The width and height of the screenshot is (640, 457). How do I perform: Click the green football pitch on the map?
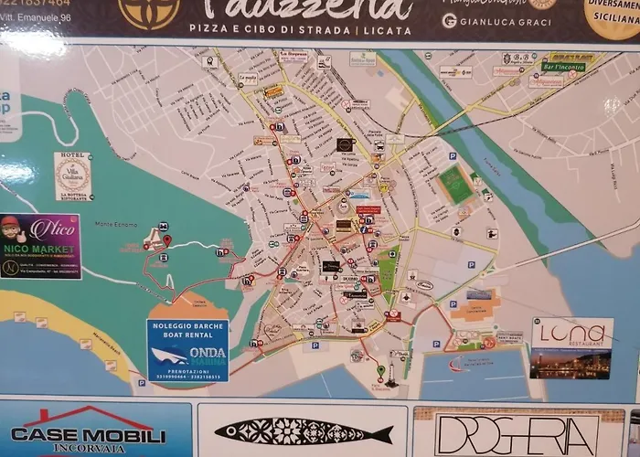454,185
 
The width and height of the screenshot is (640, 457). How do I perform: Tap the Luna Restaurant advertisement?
571,346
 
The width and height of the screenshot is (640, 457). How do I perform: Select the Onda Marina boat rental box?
187,349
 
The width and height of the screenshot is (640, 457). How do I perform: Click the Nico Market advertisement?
40,246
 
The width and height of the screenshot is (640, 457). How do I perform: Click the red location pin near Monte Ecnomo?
166,239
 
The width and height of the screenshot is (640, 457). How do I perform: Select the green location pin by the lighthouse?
381,370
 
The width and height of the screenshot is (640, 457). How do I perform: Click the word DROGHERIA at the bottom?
517,434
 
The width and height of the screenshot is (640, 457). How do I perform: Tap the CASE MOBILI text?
88,436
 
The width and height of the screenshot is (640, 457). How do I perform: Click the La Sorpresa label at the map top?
293,55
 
